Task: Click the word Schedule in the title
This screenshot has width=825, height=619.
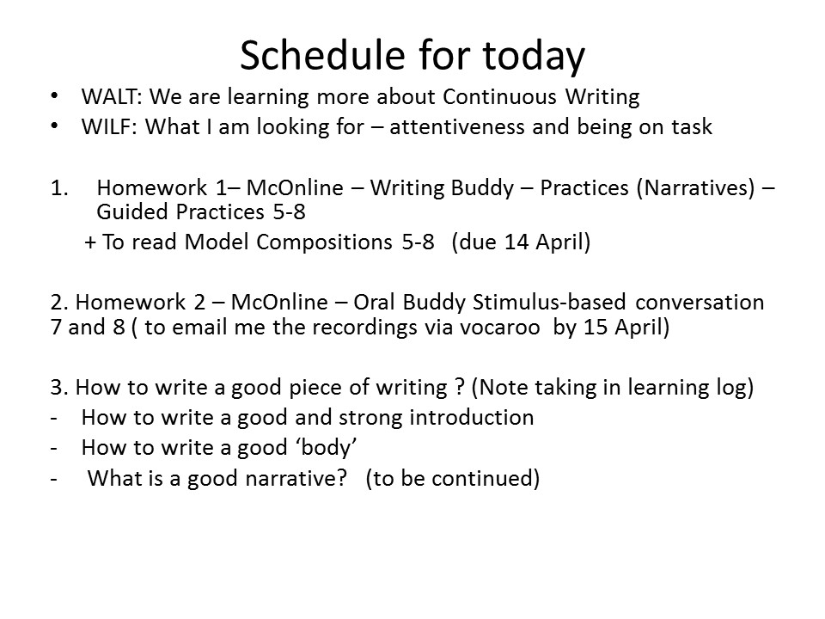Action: tap(323, 55)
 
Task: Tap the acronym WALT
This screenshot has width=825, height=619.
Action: tap(109, 97)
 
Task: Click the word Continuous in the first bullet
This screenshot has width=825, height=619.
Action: tap(499, 97)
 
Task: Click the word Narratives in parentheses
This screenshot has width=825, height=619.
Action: tap(695, 188)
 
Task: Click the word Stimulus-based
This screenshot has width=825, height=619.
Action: tap(549, 303)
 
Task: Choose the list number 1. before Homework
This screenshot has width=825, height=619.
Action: tap(59, 188)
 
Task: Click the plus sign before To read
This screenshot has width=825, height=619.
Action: tap(90, 242)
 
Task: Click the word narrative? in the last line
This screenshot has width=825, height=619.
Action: tap(296, 479)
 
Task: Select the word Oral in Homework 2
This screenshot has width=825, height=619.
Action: tap(374, 303)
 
